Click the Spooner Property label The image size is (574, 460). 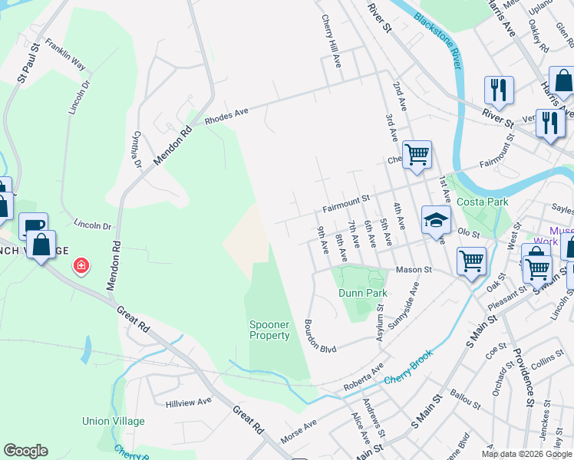coord(270,330)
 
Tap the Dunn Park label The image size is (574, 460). coord(362,293)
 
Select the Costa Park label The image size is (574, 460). coord(483,202)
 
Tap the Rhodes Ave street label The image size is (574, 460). coord(226,117)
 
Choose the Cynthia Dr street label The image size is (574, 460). coord(137,149)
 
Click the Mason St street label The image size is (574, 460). coord(414,270)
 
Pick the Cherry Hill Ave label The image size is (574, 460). coord(330,40)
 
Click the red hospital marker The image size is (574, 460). coord(80,266)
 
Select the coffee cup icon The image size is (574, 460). coord(33,225)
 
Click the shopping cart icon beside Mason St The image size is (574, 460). coord(471,261)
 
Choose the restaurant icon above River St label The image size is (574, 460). coord(499,89)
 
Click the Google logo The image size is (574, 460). coord(25,451)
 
